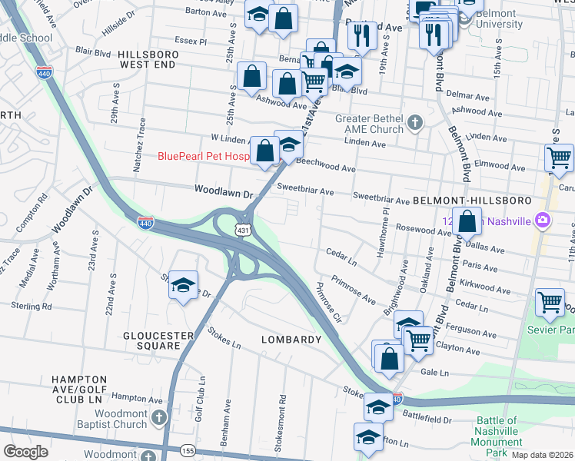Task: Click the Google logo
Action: click(25, 452)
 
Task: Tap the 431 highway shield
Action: click(243, 230)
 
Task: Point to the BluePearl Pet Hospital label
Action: click(204, 156)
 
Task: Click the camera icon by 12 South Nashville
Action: click(543, 221)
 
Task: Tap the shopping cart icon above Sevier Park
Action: click(550, 302)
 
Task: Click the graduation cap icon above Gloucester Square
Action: click(183, 285)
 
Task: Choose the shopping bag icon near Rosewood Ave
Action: click(467, 221)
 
